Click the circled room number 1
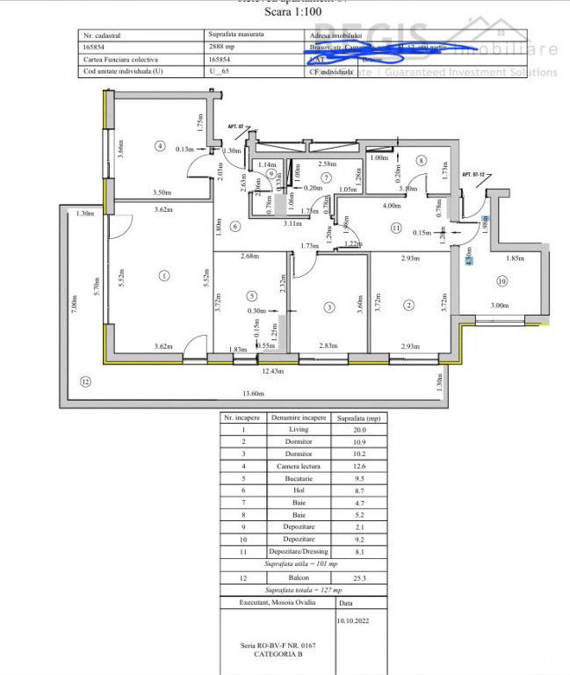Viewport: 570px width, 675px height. [163, 276]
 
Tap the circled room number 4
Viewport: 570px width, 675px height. [159, 146]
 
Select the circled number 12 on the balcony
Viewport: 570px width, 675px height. [85, 381]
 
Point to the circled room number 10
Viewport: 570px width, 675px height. [502, 281]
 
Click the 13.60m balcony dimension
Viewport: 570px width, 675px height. [252, 393]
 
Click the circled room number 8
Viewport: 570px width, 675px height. [422, 160]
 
